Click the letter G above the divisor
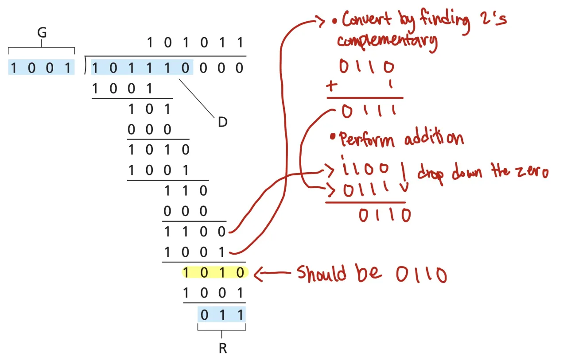coord(42,33)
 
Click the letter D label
coord(222,122)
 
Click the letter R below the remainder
coord(222,348)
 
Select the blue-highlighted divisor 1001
coord(41,68)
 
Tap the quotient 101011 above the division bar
coord(195,43)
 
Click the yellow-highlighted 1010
coord(214,273)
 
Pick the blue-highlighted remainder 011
coord(221,315)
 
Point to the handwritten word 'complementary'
coord(387,41)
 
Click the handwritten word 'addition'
coord(434,139)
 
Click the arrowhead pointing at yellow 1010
coord(259,275)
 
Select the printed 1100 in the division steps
coord(195,231)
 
